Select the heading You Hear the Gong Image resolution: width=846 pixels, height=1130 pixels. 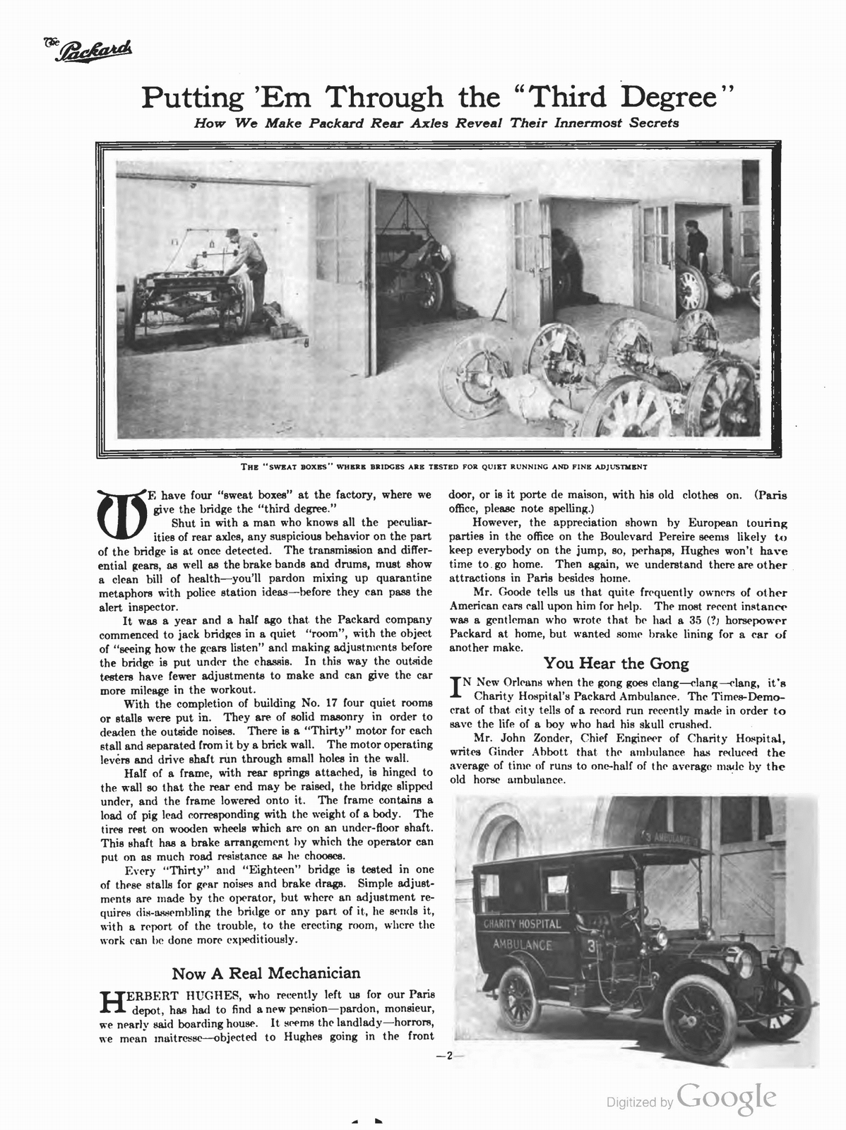pyautogui.click(x=616, y=663)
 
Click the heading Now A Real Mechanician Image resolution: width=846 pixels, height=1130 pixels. pyautogui.click(x=266, y=973)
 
